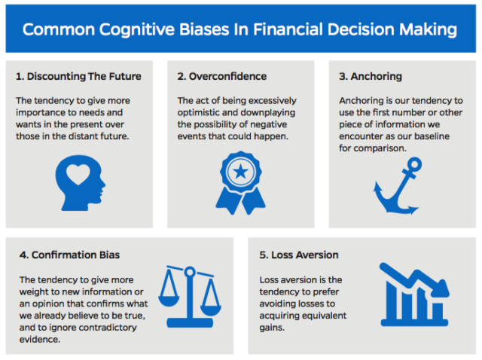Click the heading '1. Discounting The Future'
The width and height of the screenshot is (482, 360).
(x=78, y=76)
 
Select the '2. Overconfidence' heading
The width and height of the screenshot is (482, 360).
(x=222, y=76)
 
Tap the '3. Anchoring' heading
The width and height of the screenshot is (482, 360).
(x=371, y=76)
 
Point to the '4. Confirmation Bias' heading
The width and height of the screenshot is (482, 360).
(x=69, y=255)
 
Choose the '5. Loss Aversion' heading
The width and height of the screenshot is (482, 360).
(x=299, y=255)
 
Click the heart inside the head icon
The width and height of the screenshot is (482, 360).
(x=78, y=174)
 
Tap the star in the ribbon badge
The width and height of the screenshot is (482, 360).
(x=241, y=171)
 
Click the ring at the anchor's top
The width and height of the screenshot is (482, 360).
(x=415, y=164)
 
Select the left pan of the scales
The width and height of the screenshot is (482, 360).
(x=169, y=301)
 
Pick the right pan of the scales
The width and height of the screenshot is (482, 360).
(x=211, y=310)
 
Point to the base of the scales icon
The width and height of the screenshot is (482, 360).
(x=190, y=323)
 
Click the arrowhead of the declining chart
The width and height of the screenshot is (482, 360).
(x=441, y=288)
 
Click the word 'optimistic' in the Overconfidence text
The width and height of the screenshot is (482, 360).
(x=199, y=112)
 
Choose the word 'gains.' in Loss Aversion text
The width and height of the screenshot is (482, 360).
(x=272, y=328)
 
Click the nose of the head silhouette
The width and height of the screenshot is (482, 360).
(x=103, y=185)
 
